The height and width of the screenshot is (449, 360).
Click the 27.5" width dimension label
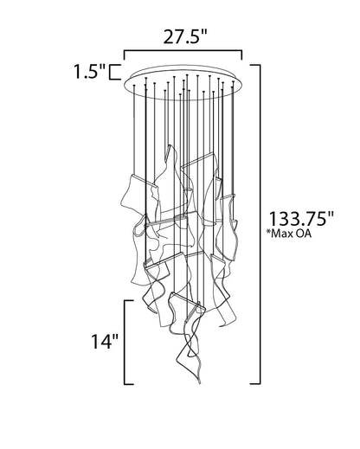pyautogui.click(x=185, y=37)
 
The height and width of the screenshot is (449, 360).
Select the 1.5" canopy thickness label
pyautogui.click(x=90, y=71)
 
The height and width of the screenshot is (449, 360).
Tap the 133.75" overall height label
pyautogui.click(x=301, y=219)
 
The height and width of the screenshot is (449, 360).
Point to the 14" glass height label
pyautogui.click(x=105, y=342)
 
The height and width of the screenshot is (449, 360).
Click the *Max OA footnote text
pyautogui.click(x=290, y=234)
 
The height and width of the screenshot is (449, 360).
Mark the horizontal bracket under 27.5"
pyautogui.click(x=183, y=52)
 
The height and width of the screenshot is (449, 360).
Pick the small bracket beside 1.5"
pyautogui.click(x=115, y=72)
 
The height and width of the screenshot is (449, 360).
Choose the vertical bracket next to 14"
pyautogui.click(x=125, y=343)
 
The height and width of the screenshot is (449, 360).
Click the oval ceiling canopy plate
pyautogui.click(x=183, y=82)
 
